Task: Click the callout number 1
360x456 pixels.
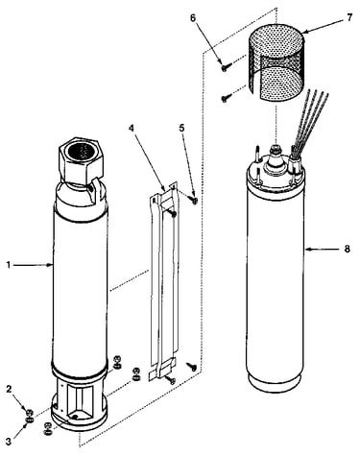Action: coord(9,265)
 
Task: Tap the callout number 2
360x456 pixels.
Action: coord(9,389)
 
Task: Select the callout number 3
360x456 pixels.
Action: coord(9,442)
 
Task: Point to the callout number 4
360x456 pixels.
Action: coord(132,128)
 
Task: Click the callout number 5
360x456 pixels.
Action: coord(181,128)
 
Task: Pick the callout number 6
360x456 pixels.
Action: coord(193,17)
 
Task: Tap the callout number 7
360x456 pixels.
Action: coord(349,17)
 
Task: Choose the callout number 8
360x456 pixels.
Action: coord(348,249)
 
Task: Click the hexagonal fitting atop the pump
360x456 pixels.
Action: coord(81,159)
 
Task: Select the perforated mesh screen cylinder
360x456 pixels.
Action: coord(276,60)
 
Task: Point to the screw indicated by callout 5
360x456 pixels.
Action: coord(194,200)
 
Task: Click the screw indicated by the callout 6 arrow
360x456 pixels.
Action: coord(226,67)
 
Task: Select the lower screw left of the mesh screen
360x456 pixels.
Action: coord(226,99)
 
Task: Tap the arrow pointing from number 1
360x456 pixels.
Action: coord(34,265)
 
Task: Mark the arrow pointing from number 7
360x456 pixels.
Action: coord(323,26)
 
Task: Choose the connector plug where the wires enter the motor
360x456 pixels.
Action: coord(294,166)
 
